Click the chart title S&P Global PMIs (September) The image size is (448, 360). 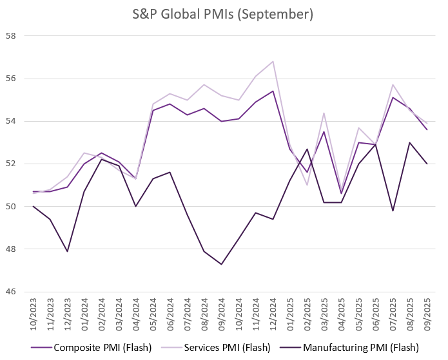(223, 14)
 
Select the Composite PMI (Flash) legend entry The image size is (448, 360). (102, 348)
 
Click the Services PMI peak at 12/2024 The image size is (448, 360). (273, 62)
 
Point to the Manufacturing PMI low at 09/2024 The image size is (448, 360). (222, 264)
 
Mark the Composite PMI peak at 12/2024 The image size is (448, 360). (273, 91)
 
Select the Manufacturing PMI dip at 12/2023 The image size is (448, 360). (68, 251)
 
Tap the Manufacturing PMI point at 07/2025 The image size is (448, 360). (393, 211)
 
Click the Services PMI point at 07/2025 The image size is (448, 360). (393, 84)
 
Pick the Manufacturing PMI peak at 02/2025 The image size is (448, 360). (307, 149)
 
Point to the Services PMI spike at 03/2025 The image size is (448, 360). (324, 113)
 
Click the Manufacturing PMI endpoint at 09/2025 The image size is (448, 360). (427, 164)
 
